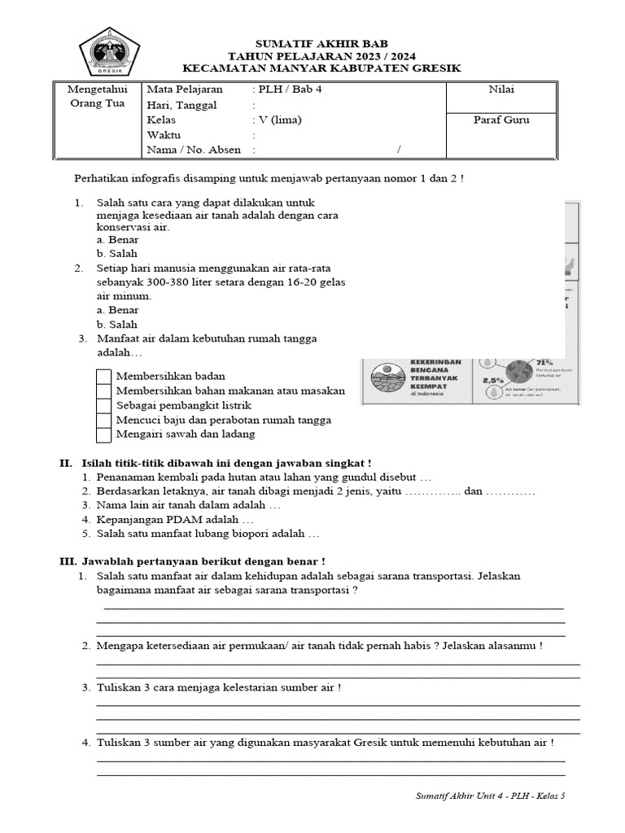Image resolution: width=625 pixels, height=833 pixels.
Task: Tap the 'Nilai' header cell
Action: [501, 89]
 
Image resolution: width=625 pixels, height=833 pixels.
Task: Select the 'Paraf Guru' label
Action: [501, 120]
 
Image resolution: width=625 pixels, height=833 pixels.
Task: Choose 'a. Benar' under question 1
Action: [117, 240]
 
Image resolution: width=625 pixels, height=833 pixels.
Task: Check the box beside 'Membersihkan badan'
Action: [103, 377]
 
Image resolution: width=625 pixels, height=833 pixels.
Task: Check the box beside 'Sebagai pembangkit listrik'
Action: [103, 405]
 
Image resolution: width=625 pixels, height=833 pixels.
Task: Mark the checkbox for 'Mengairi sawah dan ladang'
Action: [103, 434]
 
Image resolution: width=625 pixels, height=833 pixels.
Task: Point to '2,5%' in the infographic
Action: [492, 380]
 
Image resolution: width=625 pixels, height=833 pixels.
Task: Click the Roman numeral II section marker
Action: [65, 463]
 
